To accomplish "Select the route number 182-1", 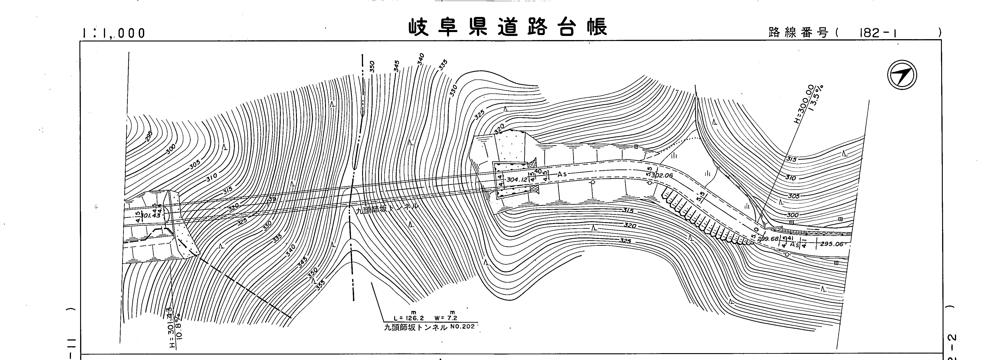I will click(877, 33).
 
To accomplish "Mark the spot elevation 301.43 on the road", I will click(150, 215).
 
